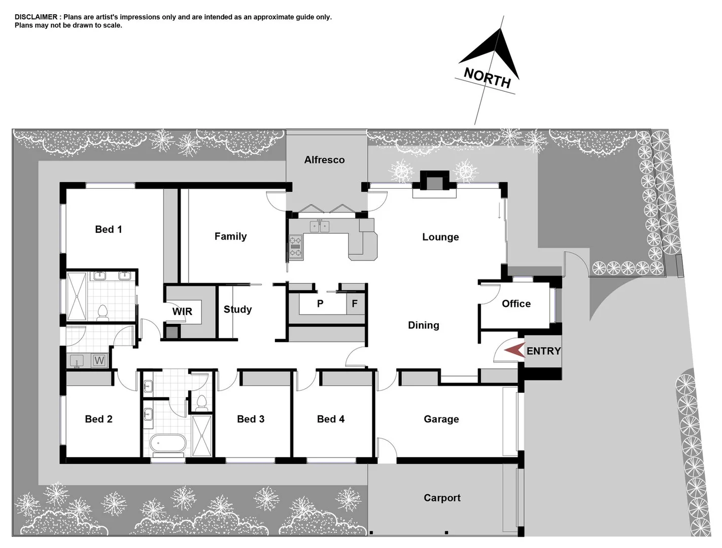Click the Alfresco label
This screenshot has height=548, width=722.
click(324, 160)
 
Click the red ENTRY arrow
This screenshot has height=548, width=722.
click(513, 350)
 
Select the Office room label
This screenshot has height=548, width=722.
click(516, 303)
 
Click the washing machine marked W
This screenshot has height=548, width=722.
click(99, 361)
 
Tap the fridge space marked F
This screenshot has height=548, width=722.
click(355, 304)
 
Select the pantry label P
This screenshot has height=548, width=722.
click(320, 304)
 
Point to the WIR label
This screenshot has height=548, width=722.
click(182, 312)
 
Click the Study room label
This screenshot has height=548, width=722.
click(237, 309)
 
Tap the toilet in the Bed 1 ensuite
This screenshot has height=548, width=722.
click(103, 312)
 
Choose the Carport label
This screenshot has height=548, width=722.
click(442, 498)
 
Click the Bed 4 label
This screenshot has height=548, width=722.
click(330, 419)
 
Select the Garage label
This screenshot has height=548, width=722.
click(441, 419)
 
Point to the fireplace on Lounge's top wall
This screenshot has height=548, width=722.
click(434, 183)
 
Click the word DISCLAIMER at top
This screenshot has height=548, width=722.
click(36, 17)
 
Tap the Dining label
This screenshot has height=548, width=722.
click(423, 325)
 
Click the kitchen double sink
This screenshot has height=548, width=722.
click(320, 226)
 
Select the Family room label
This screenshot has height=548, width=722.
click(230, 236)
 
